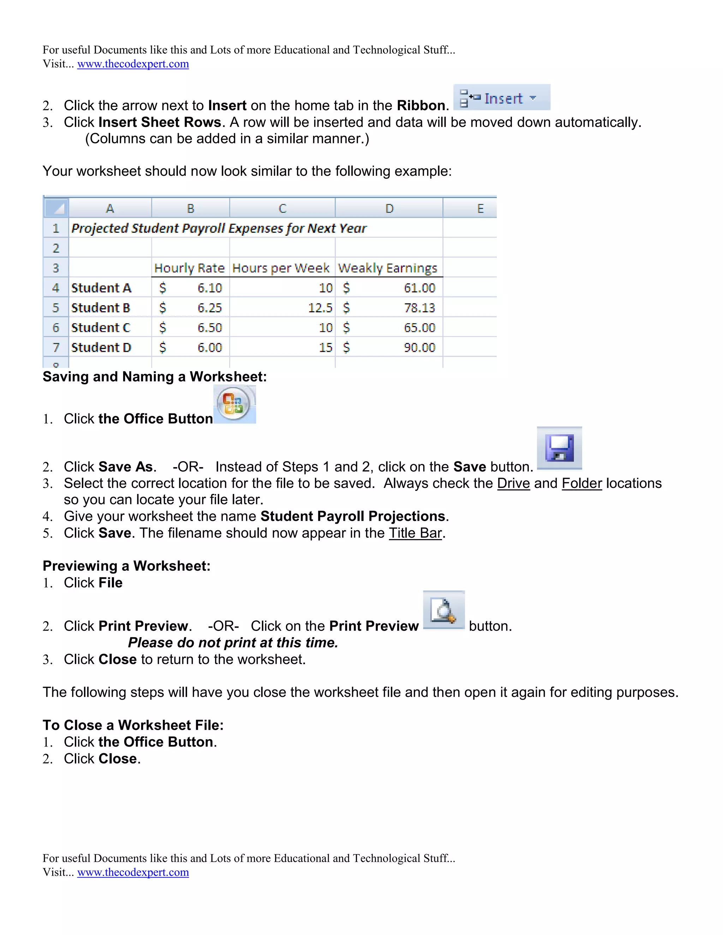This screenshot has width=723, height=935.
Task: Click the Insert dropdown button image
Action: (502, 98)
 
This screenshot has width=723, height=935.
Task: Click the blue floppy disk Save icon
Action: (559, 448)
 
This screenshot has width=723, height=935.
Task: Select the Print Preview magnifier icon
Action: (443, 610)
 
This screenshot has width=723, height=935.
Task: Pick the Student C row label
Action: (101, 328)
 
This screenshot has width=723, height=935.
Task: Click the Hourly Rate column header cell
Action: (189, 269)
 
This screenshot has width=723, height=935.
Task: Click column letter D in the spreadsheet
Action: (389, 209)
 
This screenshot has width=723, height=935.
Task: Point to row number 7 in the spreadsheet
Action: (56, 348)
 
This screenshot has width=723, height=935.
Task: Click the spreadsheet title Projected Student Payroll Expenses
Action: (219, 228)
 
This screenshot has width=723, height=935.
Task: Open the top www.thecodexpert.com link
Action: (133, 64)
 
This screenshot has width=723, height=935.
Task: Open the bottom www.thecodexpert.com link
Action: (133, 872)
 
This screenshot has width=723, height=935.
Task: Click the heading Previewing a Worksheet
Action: (126, 566)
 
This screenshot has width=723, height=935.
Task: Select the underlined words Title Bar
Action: (415, 533)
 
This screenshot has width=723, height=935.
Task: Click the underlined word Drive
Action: (513, 483)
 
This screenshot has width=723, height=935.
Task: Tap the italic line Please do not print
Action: (233, 643)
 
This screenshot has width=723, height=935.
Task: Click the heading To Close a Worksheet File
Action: (133, 725)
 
